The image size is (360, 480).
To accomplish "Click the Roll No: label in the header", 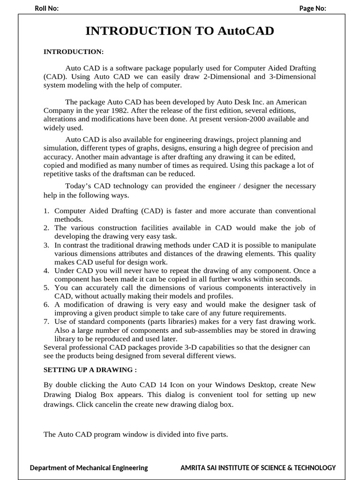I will coord(46,8).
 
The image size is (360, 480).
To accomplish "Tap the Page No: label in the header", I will coord(313,8).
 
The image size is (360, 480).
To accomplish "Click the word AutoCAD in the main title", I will coord(246,31).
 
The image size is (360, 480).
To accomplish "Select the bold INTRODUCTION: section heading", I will coord(73,51).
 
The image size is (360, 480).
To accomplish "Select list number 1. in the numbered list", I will coord(46,211).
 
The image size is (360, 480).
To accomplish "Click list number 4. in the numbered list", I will coord(46,270).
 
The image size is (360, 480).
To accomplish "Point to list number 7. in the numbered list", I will coord(46,321).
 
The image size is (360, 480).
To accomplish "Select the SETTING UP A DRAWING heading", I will coord(90,369).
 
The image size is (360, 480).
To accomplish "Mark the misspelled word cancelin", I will coord(121,404).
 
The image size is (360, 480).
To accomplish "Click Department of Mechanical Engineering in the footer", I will coord(89,467).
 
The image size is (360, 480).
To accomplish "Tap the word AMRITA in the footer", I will coord(193,467).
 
